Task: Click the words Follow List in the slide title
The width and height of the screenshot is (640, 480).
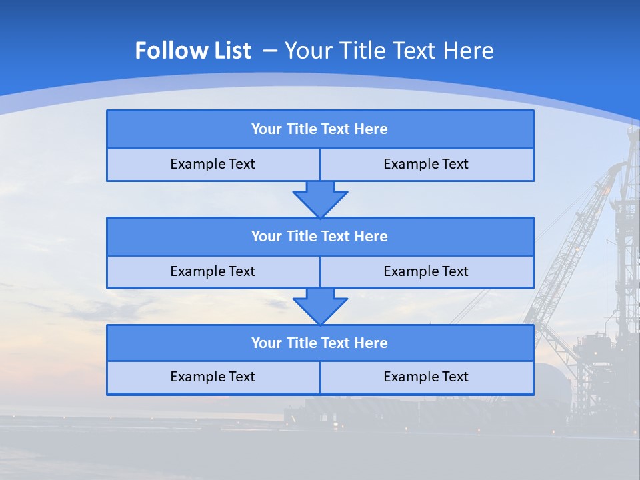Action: tap(193, 51)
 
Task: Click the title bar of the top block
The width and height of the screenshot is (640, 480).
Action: tap(320, 129)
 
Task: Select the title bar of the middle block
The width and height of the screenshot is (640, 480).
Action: tap(320, 236)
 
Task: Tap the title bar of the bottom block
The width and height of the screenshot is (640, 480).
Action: tap(320, 343)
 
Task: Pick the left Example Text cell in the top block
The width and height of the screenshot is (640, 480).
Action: tap(213, 165)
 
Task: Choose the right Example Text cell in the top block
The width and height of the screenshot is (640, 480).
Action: tap(427, 165)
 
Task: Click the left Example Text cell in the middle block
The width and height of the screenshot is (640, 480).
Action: tap(213, 271)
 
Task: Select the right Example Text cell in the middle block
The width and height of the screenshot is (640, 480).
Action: tap(427, 271)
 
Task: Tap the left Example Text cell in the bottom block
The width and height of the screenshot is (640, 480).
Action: tap(213, 377)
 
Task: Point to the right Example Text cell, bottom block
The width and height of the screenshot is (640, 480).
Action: tap(427, 377)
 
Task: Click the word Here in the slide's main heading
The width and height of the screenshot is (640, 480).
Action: tap(469, 51)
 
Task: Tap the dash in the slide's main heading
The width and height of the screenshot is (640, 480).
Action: tap(270, 51)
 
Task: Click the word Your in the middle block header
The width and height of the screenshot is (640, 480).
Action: tap(267, 236)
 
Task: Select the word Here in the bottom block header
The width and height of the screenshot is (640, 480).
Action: tap(371, 343)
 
